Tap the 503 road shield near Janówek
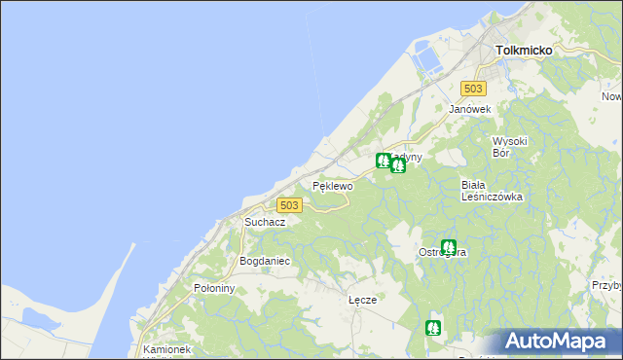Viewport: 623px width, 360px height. click(473, 89)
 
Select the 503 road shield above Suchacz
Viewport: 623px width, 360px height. click(289, 205)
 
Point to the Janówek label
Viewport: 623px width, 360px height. click(468, 109)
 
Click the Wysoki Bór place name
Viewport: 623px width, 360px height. click(509, 146)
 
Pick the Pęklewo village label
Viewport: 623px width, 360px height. click(331, 184)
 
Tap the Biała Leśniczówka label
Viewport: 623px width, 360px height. click(492, 190)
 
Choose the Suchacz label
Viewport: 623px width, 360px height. click(265, 222)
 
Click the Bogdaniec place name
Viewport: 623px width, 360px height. click(265, 262)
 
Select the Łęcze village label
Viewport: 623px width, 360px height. click(362, 300)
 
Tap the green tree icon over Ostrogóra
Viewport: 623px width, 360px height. click(449, 246)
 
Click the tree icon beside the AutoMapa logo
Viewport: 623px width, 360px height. click(434, 328)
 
